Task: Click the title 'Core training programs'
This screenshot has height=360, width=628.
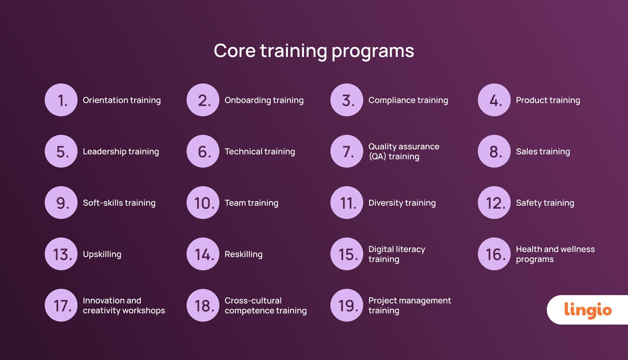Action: click(x=314, y=51)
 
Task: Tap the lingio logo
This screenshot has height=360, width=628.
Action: click(x=588, y=310)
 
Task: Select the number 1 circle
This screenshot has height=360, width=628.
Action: click(x=61, y=100)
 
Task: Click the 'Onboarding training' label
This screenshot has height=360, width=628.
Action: click(x=264, y=100)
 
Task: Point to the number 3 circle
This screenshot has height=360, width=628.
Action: click(x=347, y=100)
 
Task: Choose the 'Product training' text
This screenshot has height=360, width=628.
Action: click(x=548, y=100)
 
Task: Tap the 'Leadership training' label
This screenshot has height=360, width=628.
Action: click(x=121, y=151)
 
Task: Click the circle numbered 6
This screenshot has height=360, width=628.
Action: click(x=203, y=151)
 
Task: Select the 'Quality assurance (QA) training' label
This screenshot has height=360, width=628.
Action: click(x=404, y=151)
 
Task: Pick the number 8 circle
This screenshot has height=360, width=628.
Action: click(x=494, y=151)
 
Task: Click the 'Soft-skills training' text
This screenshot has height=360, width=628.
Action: click(x=119, y=203)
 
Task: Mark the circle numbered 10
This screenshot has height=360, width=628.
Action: click(x=203, y=203)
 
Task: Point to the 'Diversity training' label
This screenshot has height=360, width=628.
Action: click(x=402, y=203)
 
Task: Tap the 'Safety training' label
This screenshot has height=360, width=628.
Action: click(x=545, y=203)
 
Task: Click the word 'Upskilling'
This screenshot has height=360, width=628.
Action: click(x=102, y=254)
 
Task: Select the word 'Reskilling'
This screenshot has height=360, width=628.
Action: click(x=244, y=254)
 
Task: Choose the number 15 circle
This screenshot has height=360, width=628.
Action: click(x=347, y=254)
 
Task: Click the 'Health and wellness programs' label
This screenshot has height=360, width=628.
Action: click(x=555, y=254)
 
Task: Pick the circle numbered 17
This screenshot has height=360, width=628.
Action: click(x=61, y=305)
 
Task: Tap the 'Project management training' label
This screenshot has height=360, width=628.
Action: click(x=409, y=305)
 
